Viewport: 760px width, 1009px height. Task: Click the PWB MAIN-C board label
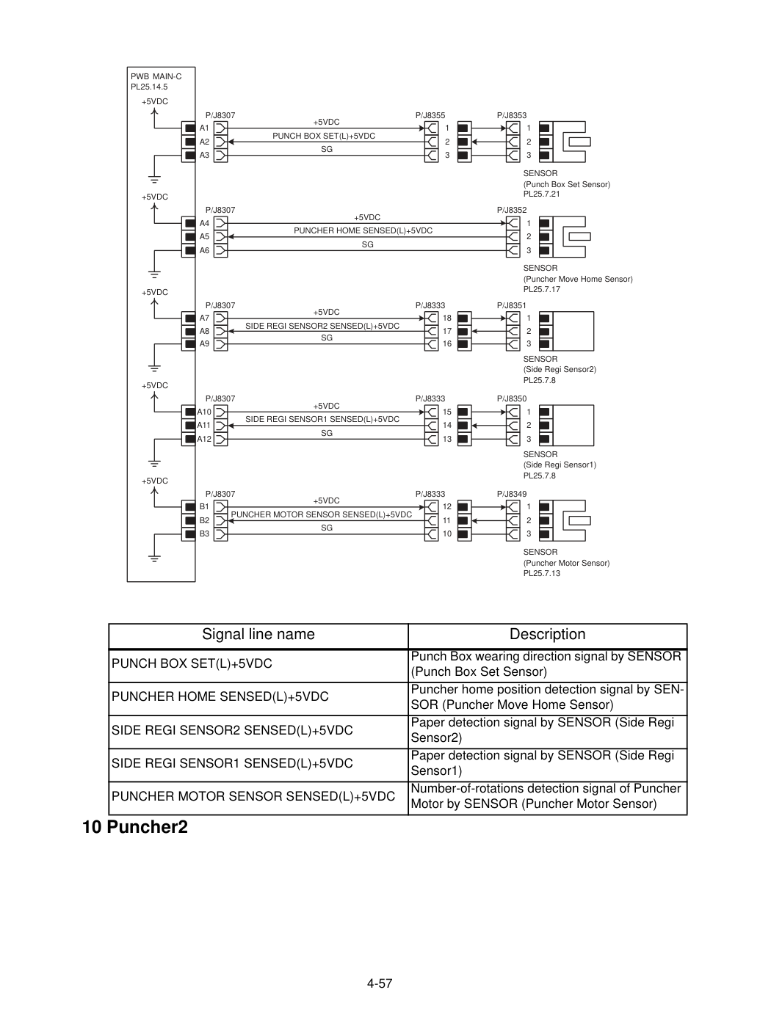(x=156, y=76)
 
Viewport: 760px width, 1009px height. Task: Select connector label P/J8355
(x=430, y=115)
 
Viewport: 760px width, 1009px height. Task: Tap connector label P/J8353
(x=511, y=115)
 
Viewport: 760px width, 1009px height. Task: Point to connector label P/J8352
(x=511, y=210)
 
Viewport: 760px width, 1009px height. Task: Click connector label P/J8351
(x=511, y=305)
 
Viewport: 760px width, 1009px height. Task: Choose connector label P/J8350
(x=511, y=398)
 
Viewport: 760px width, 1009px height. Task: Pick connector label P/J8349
(x=511, y=494)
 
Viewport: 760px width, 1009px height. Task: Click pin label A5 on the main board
(x=204, y=237)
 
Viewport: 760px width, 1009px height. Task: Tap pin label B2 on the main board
(x=204, y=520)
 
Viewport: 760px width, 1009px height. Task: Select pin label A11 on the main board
(x=203, y=425)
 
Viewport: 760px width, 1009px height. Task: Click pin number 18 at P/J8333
(x=447, y=318)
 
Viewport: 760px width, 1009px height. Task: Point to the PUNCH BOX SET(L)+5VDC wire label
(x=324, y=136)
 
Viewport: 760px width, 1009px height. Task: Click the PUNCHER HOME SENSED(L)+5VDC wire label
(x=363, y=230)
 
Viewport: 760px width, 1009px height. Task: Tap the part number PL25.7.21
(x=541, y=194)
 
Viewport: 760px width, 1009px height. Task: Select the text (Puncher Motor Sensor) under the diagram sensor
(x=566, y=563)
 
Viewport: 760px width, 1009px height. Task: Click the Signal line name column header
(x=258, y=634)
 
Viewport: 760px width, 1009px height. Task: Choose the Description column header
(x=547, y=634)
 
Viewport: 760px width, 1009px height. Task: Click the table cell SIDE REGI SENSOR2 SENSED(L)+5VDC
(x=232, y=730)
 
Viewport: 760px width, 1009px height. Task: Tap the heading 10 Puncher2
(x=134, y=827)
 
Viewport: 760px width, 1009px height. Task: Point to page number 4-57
(x=380, y=983)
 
